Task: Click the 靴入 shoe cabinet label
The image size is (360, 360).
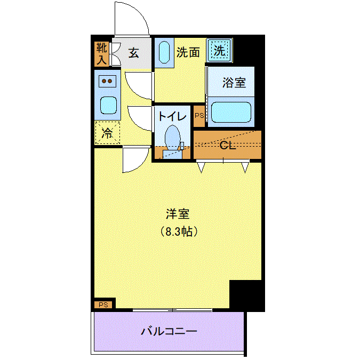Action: coord(102,54)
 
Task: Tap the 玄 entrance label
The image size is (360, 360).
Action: coord(134,53)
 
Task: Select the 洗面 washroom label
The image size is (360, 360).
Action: coord(188,52)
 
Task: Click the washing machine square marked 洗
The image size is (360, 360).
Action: coord(219,50)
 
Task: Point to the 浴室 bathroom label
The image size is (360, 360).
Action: coord(234,83)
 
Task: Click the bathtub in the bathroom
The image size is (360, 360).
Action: coord(231,113)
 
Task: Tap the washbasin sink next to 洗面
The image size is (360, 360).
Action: coord(164,52)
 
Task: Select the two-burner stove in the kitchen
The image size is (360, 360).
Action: coord(107,81)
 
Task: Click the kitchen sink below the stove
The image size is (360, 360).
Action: coord(108,105)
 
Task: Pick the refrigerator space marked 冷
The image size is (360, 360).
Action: coord(107,133)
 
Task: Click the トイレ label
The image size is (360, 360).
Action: coord(172,116)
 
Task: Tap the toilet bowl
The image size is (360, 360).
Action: coord(172,137)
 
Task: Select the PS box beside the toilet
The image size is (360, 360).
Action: coord(199,116)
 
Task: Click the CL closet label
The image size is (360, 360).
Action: coord(228,145)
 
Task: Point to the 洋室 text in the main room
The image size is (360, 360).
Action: coord(178,214)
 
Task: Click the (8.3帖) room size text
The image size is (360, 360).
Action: coord(178,231)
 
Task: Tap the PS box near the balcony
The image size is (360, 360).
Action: coord(103,305)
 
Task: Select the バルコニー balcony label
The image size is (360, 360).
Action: coord(169,331)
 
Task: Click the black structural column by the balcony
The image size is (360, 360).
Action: coord(247,295)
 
